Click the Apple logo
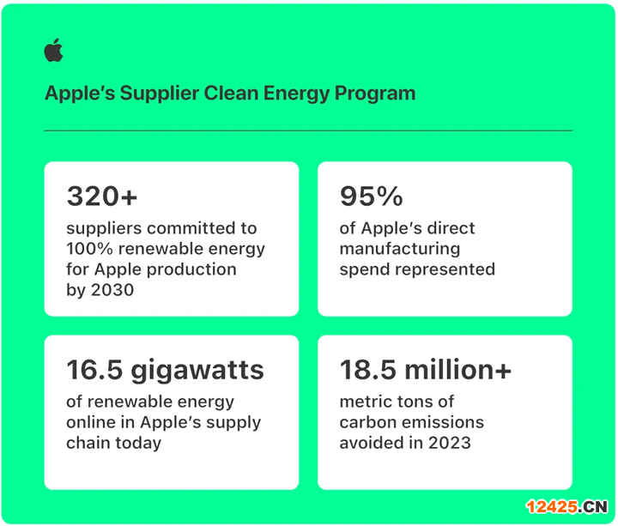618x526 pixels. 53,50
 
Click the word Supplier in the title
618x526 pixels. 160,94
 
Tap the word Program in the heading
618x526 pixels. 375,94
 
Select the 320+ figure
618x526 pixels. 101,196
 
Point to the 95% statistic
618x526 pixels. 372,196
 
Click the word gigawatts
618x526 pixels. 197,371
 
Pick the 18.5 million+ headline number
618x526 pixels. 425,370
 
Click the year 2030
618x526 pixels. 112,290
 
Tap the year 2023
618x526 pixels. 449,443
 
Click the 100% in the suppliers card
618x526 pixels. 89,249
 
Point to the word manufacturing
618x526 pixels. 400,250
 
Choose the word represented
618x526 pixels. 445,270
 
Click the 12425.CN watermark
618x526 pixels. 566,507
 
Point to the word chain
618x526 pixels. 88,443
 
